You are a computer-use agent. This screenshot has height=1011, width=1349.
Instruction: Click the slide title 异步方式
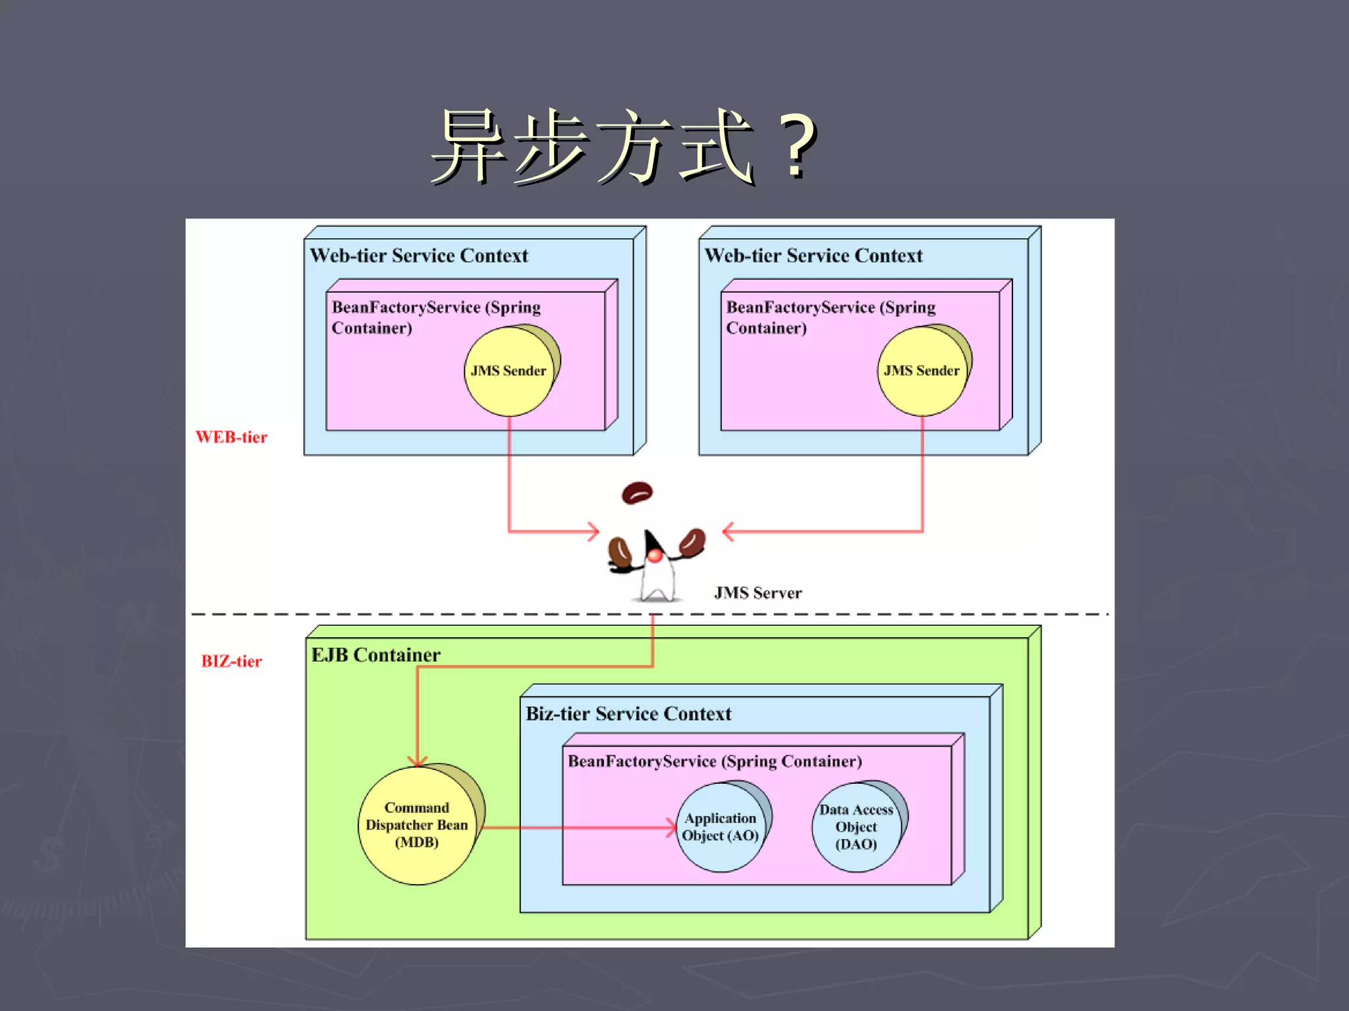(593, 146)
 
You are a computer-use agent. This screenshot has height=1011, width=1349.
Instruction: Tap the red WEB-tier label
(231, 437)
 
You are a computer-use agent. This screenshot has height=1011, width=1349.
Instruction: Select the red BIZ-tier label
(231, 661)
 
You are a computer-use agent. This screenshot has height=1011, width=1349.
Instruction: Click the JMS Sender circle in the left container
(509, 371)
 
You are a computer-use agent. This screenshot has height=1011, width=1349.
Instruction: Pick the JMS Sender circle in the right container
(922, 371)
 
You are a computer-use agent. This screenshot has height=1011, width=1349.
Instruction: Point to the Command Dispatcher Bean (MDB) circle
(417, 825)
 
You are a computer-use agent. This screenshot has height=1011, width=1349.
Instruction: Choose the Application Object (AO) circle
(720, 827)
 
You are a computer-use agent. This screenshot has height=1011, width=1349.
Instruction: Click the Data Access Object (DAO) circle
(856, 827)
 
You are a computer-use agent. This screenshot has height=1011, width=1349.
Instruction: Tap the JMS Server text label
(758, 593)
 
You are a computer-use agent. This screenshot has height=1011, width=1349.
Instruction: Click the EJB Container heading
(375, 655)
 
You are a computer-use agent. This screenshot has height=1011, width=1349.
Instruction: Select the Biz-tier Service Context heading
(628, 713)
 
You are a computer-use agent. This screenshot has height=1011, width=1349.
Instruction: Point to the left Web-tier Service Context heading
(419, 255)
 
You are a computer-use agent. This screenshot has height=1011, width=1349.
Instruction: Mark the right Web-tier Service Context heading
(813, 255)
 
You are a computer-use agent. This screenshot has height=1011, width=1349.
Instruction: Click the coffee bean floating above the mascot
(637, 492)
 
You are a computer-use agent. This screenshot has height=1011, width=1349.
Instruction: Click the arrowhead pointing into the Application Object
(672, 827)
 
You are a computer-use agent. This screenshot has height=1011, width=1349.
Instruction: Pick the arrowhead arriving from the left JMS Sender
(594, 531)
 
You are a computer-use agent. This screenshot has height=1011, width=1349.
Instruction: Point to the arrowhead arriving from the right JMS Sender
(728, 531)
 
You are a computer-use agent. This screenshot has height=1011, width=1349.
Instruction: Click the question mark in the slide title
(798, 146)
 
